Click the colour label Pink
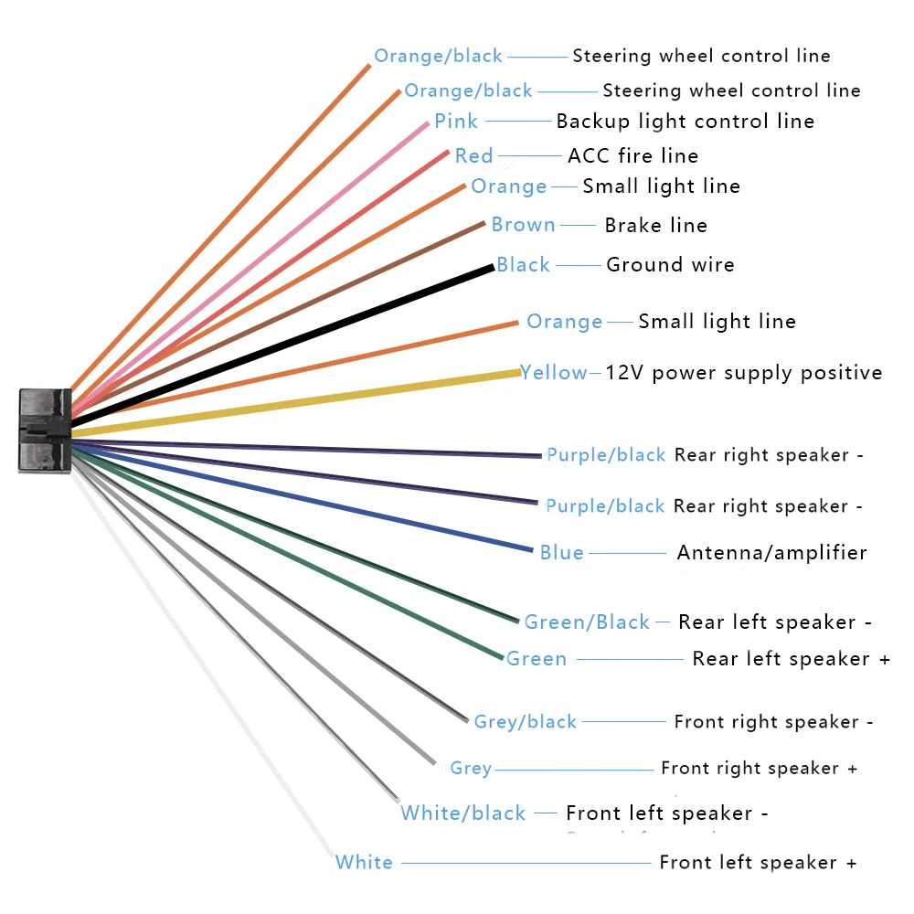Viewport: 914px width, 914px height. point(455,121)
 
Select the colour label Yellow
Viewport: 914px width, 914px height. point(554,372)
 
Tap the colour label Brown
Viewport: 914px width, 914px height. point(523,225)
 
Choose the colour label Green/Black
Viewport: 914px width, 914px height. point(587,622)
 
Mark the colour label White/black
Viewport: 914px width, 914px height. point(463,813)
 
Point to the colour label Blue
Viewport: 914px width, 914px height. point(561,552)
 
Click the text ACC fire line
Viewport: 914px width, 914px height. point(632,156)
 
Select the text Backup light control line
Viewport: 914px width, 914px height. point(685,121)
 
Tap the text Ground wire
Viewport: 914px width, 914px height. point(670,265)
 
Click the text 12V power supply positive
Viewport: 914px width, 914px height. point(744,372)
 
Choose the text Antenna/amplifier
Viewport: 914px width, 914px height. point(771,552)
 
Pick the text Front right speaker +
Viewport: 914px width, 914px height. point(759,768)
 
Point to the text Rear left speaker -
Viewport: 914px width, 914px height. point(774,622)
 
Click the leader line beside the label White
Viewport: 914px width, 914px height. point(526,863)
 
